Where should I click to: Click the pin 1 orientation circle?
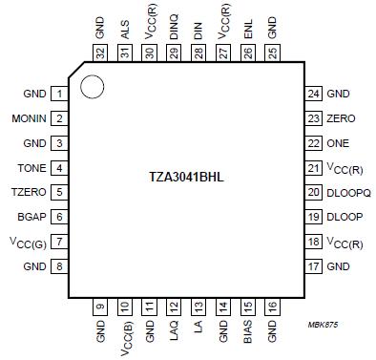[x=92, y=87]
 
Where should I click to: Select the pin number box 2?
[x=59, y=118]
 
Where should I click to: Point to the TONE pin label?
[x=33, y=168]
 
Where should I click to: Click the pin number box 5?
[x=59, y=193]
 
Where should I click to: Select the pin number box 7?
[x=59, y=243]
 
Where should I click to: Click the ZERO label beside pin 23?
[x=340, y=118]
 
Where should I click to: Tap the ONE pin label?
[x=338, y=143]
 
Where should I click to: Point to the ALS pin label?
[x=125, y=30]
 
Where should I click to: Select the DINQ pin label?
[x=175, y=27]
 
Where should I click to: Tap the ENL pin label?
[x=249, y=30]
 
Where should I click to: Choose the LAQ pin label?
[x=175, y=330]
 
